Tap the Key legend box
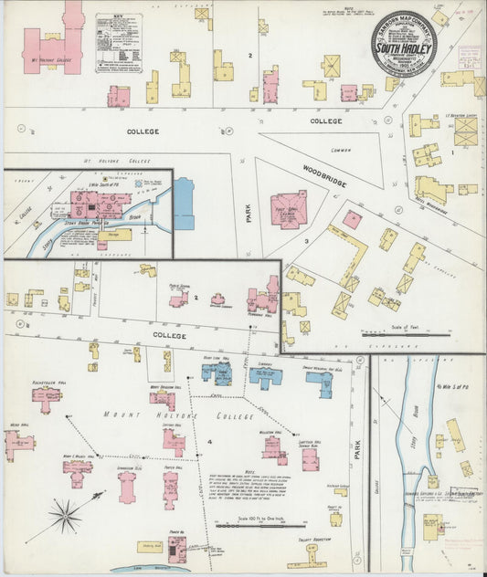pos(119,43)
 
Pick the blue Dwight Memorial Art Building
pos(320,383)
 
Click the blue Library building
pos(265,377)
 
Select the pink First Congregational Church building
pos(288,209)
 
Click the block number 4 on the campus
pos(209,442)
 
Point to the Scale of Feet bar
pos(393,334)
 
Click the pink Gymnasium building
pos(127,487)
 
